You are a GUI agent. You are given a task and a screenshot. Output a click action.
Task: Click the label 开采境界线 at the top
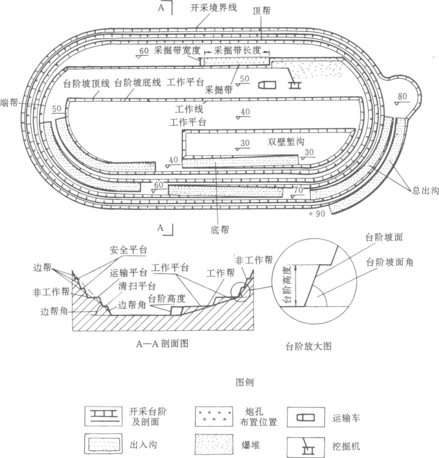(213, 8)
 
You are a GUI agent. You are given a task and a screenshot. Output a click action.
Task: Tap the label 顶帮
(261, 11)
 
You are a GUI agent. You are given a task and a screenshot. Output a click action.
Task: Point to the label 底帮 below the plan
(220, 230)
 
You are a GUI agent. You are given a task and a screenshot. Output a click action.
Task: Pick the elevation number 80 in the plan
(402, 96)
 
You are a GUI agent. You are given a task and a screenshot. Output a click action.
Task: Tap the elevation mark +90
(317, 214)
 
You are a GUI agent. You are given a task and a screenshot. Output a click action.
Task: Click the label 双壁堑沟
(286, 141)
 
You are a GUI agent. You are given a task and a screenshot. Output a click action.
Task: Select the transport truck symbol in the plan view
(267, 85)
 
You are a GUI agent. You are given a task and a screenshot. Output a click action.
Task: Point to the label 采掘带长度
(238, 50)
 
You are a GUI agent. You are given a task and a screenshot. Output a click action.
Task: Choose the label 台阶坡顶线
(86, 83)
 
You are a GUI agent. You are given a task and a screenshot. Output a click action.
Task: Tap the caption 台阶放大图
(308, 346)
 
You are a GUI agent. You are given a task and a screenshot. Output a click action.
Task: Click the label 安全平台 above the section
(128, 250)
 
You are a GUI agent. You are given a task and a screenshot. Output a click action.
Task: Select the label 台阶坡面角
(389, 262)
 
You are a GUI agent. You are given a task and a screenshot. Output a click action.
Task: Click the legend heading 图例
(244, 382)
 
